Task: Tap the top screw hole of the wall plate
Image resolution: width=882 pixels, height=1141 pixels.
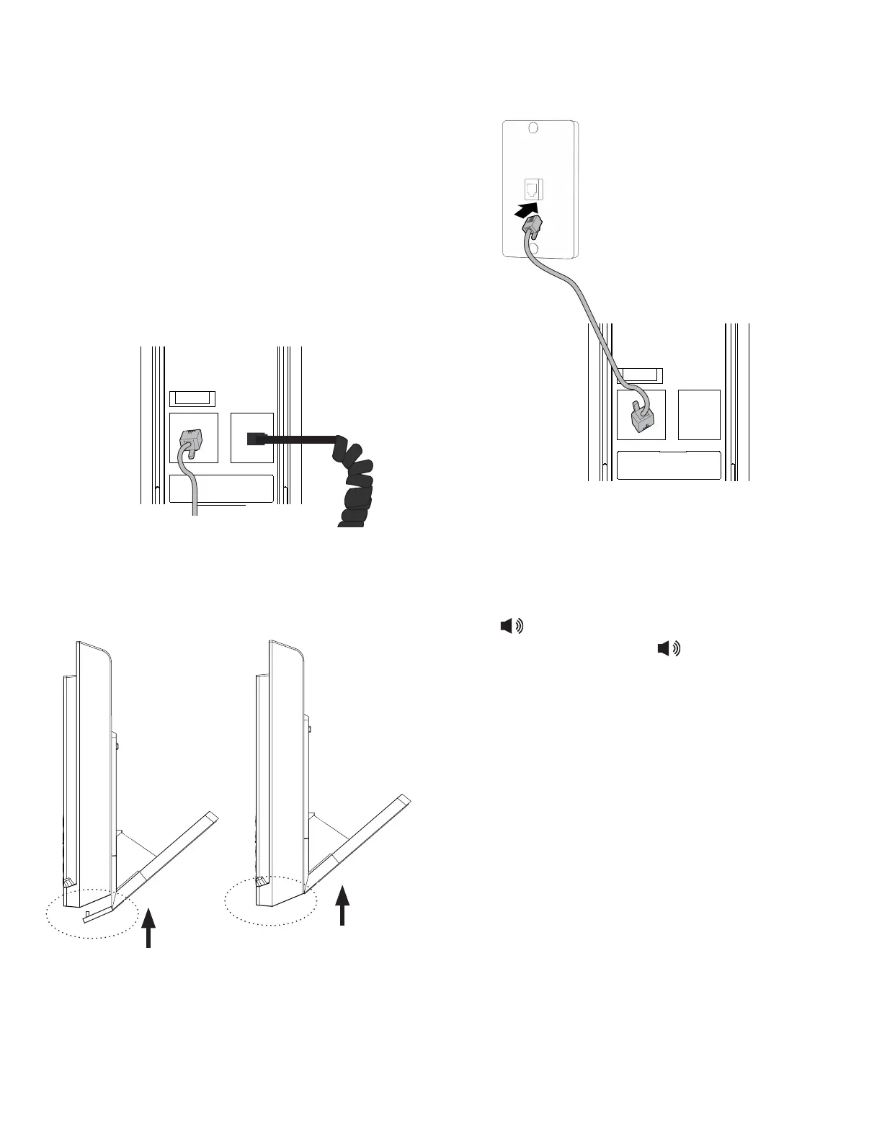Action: click(x=533, y=128)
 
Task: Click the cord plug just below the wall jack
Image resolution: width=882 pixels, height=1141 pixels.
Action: click(x=532, y=229)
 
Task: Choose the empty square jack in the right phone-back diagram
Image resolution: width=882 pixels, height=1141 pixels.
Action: click(x=699, y=414)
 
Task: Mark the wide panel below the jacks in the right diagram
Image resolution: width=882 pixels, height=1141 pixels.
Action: click(x=669, y=465)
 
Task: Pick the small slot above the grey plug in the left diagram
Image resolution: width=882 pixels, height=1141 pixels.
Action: click(x=191, y=398)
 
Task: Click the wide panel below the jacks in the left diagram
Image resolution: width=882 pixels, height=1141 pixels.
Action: click(x=222, y=488)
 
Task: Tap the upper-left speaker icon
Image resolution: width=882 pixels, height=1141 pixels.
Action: click(x=512, y=627)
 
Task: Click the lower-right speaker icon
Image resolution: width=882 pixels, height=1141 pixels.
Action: click(x=669, y=649)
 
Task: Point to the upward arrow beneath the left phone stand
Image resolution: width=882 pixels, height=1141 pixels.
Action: click(x=148, y=927)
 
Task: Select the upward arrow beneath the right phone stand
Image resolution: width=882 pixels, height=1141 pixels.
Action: click(x=343, y=905)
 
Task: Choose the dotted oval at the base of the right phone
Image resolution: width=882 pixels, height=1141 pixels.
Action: click(x=270, y=900)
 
